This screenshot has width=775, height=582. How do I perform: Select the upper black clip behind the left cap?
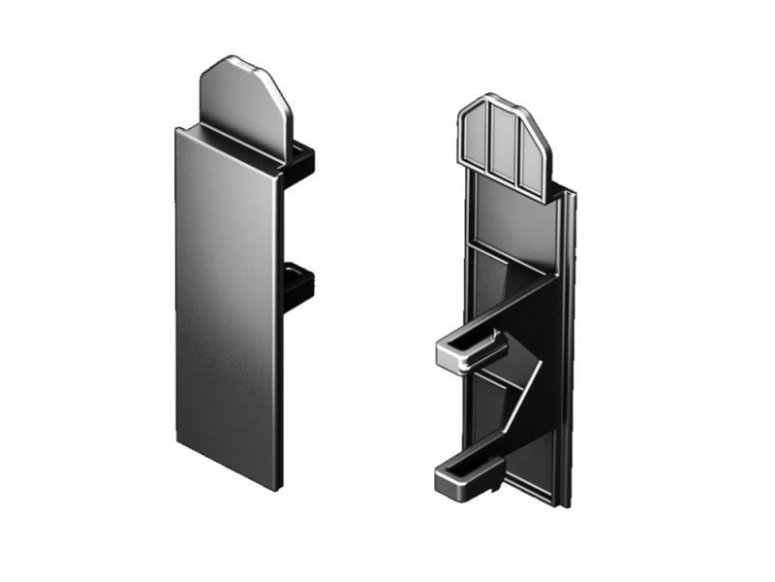(x=302, y=160)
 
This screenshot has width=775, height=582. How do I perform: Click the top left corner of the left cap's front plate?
(x=176, y=129)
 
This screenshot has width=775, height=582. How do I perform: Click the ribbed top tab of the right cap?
(x=503, y=141)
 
